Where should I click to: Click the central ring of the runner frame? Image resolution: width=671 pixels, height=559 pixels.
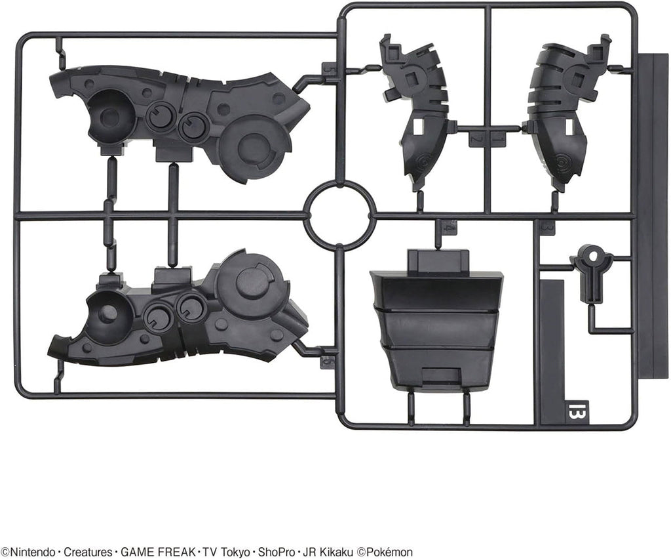click(x=339, y=215)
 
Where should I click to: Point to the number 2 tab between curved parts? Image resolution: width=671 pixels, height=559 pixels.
click(x=476, y=139)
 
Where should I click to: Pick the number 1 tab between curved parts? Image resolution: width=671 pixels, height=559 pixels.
click(x=497, y=139)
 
